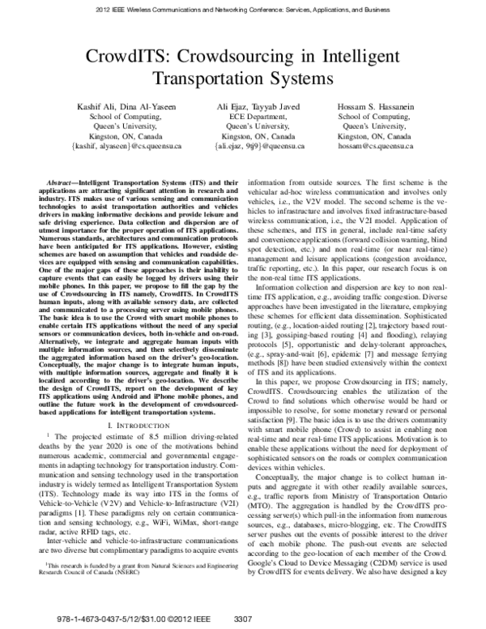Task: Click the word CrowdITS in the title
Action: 143,57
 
